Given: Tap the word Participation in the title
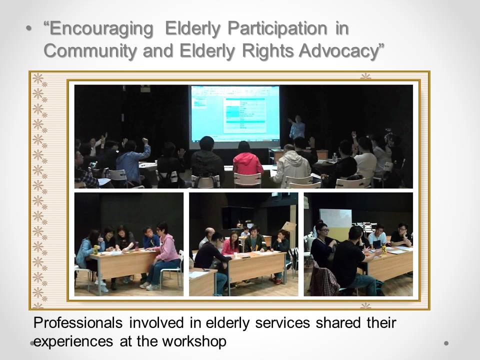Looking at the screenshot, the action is click(277, 29).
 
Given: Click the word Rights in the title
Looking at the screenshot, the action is click(268, 51).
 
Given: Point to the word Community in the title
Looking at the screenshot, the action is click(90, 51).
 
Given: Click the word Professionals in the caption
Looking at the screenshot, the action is click(78, 322).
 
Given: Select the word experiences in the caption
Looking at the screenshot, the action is click(73, 341).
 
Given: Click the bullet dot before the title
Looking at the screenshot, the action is click(29, 29).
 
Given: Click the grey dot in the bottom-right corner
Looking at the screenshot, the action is click(446, 343).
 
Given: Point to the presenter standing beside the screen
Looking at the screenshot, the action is click(296, 127).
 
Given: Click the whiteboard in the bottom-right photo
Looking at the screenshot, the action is click(335, 218).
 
